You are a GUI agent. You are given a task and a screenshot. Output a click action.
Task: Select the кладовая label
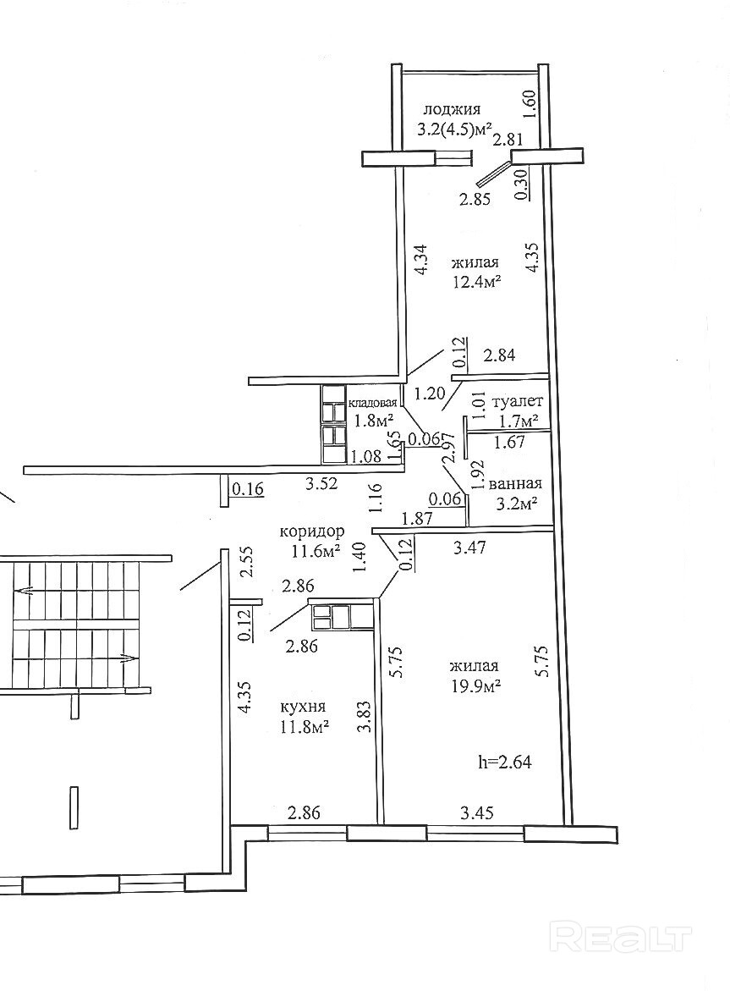pyautogui.click(x=373, y=403)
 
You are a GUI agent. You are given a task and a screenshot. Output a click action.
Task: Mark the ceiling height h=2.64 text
pyautogui.click(x=505, y=762)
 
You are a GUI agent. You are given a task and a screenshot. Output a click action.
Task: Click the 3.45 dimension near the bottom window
pyautogui.click(x=477, y=814)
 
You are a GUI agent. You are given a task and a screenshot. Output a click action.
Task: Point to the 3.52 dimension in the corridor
pyautogui.click(x=321, y=484)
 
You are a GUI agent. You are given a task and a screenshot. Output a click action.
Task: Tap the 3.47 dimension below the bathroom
pyautogui.click(x=470, y=548)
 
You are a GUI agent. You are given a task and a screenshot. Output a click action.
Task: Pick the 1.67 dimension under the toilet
pyautogui.click(x=510, y=441)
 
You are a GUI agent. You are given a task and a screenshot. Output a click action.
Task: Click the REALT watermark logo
pyautogui.click(x=621, y=937)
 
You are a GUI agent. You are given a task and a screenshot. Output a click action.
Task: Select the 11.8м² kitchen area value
pyautogui.click(x=304, y=726)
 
